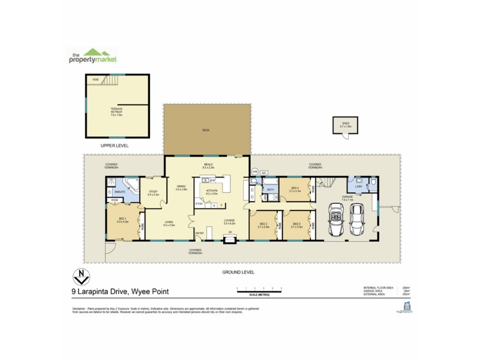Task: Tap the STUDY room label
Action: [x=153, y=193]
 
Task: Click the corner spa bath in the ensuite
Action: [x=130, y=185]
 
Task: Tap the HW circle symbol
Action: [x=254, y=172]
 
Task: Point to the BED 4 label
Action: [x=295, y=190]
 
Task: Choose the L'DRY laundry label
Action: [x=359, y=187]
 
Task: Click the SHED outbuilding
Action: [x=345, y=125]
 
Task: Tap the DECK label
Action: [x=206, y=130]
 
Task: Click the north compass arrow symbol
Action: [x=80, y=277]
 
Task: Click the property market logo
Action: [x=91, y=56]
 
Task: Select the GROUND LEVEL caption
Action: [x=238, y=272]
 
